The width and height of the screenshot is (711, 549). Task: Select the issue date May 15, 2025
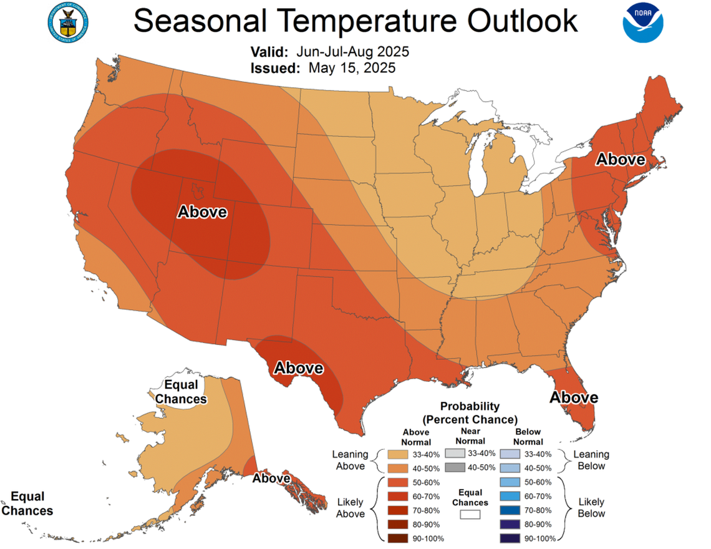click(x=352, y=68)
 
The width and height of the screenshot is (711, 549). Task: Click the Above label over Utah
click(x=203, y=212)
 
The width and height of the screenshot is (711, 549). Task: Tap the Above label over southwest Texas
click(x=299, y=368)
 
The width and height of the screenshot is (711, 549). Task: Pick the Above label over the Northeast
click(x=620, y=159)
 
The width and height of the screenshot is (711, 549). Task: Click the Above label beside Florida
click(x=573, y=397)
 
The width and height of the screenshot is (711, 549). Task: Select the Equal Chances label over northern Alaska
click(x=181, y=392)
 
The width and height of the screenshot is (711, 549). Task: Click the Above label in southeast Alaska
click(x=271, y=479)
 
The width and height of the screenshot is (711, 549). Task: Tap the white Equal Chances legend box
click(x=471, y=515)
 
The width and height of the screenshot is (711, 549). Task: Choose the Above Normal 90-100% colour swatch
click(x=395, y=538)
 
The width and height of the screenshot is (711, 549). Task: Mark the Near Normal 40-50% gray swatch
click(x=455, y=467)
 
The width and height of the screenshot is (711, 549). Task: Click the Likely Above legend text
click(x=350, y=508)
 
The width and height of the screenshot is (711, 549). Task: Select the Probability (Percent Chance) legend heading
click(x=470, y=412)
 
